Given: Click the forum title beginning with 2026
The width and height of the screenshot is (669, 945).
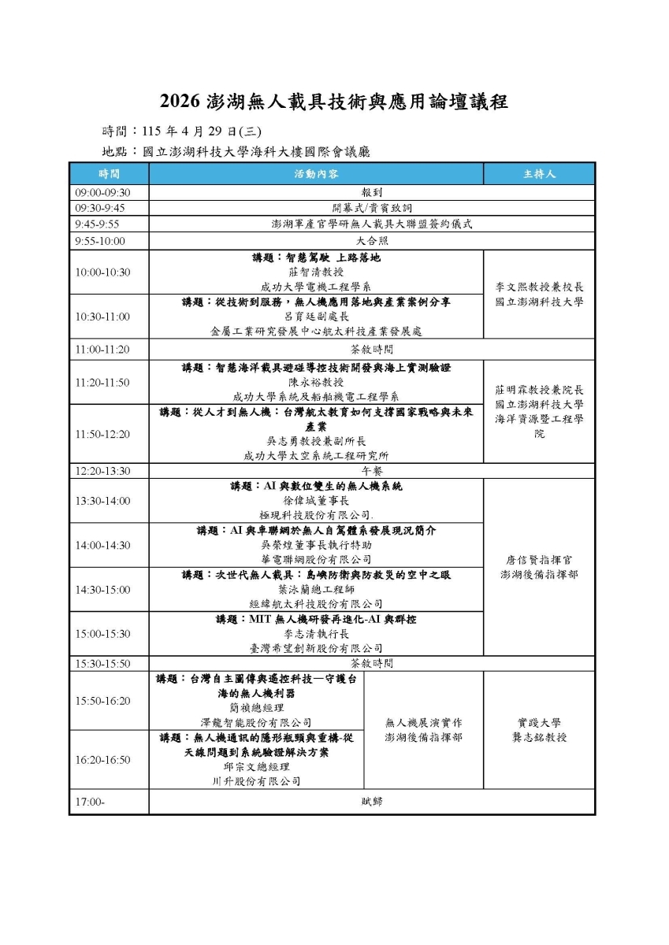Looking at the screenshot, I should (x=334, y=102).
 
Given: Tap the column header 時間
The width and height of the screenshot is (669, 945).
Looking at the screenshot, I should (x=109, y=174).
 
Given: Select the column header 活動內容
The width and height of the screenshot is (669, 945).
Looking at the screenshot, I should (x=316, y=174).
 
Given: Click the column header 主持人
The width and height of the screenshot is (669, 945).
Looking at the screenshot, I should (x=539, y=174).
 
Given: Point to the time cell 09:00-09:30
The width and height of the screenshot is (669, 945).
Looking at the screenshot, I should (x=102, y=192).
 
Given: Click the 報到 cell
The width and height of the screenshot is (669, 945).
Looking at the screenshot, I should (x=371, y=192).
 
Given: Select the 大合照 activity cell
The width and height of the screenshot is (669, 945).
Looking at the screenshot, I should (x=371, y=241).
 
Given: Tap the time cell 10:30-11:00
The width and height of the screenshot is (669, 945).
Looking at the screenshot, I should (x=102, y=317).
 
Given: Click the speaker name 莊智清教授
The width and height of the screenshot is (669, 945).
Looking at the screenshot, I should (x=315, y=272).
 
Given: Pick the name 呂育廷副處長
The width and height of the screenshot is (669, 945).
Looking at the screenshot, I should (x=315, y=317).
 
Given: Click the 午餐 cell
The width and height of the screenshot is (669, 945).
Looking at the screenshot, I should (x=371, y=471).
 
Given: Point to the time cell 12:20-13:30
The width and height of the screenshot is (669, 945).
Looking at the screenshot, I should (x=102, y=471).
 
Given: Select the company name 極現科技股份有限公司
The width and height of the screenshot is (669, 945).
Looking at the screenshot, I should (x=316, y=514).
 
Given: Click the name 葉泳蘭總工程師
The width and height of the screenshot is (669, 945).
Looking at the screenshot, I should (x=315, y=589).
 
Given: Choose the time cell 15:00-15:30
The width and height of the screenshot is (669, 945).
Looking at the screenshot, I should (x=102, y=633).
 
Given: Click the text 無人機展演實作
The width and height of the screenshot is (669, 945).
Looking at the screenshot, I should (x=423, y=722).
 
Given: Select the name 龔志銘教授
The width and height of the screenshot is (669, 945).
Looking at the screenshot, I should (x=539, y=737).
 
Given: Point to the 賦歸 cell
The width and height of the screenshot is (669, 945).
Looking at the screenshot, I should (x=371, y=802).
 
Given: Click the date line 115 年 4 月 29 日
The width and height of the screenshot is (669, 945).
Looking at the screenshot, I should (x=196, y=131).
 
